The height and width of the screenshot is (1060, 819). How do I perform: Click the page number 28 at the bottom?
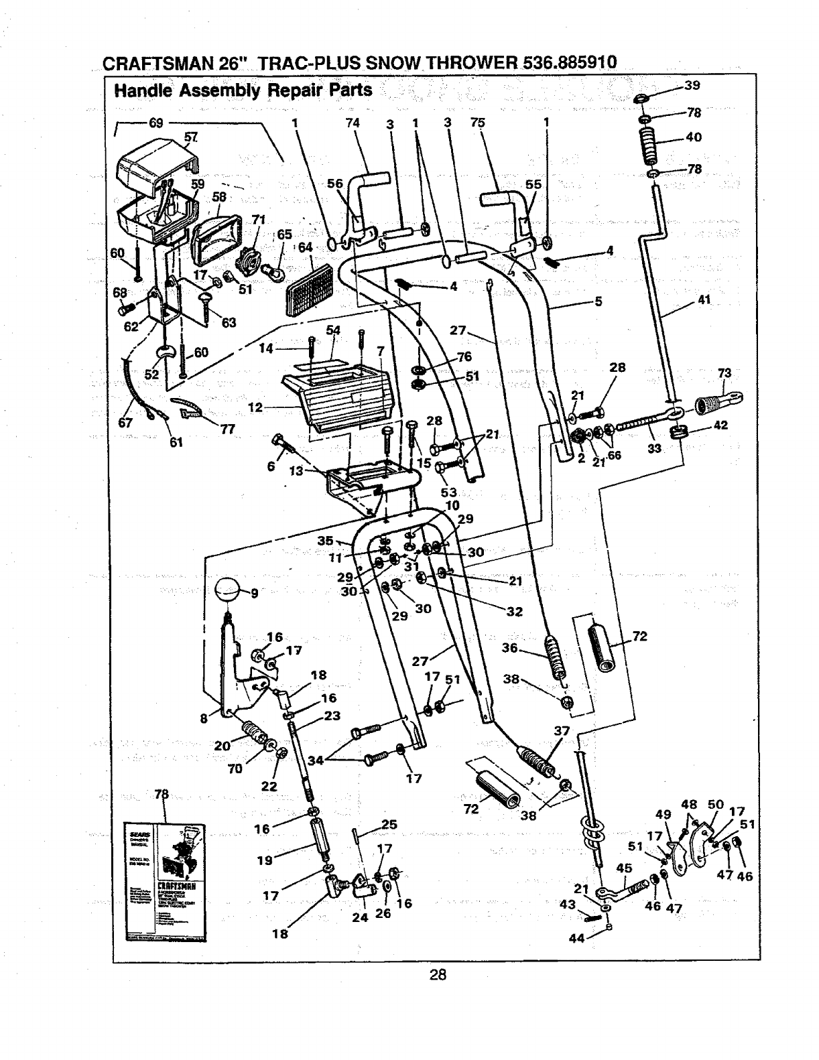[x=438, y=975]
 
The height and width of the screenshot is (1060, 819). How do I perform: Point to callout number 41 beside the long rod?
[x=703, y=300]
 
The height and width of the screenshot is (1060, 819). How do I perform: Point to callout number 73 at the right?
[x=724, y=373]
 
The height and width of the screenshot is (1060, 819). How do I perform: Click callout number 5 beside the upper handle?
[x=599, y=302]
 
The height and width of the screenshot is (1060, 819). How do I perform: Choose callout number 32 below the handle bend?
[x=514, y=611]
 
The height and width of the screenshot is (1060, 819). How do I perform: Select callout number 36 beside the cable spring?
[x=510, y=648]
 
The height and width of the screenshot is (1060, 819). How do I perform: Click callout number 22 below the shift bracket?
[x=269, y=786]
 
